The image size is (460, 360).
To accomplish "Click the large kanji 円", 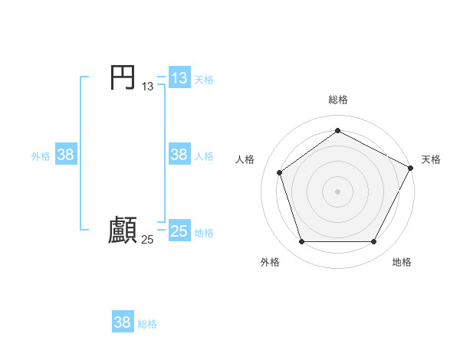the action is point(123,77).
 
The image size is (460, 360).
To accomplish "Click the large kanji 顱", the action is point(123,231).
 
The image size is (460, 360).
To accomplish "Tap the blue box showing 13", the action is point(179,78).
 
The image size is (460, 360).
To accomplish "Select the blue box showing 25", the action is point(179,231).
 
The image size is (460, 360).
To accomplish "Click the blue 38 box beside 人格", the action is point(179,155).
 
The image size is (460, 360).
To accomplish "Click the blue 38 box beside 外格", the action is point(66,155).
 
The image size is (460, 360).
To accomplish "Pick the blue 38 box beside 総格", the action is point(123,322).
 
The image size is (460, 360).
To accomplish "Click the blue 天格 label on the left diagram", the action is point(204,79).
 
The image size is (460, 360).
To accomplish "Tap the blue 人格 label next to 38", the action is point(204,155).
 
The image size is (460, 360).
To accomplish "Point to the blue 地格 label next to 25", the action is point(204,232).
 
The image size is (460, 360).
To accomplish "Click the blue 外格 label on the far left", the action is point(41,155).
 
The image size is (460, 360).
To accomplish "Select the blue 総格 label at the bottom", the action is point(147,323).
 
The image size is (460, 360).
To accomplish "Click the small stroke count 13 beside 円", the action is point(148,87).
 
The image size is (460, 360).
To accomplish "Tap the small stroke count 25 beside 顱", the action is point(148,240).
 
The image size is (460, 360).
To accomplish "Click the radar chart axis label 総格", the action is point(338,100).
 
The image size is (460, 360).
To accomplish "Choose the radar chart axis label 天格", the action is point(431,159).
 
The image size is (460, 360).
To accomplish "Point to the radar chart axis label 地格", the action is point(402,262).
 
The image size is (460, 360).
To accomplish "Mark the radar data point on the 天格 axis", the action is point(411,167).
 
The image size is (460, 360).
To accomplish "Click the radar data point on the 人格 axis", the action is point(280,172).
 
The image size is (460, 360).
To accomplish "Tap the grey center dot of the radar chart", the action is point(337,191).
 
